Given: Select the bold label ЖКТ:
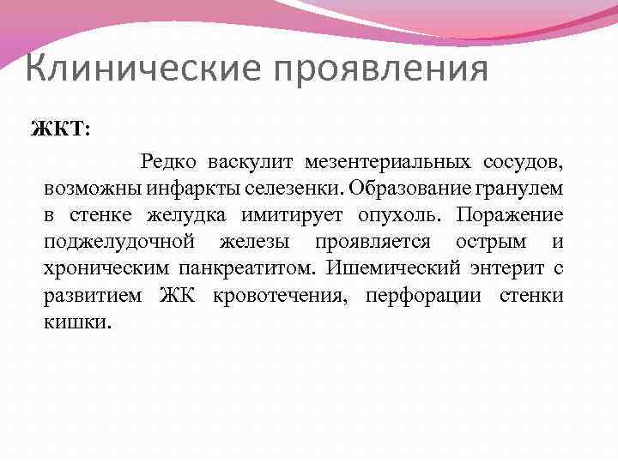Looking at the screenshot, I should click(58, 129).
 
